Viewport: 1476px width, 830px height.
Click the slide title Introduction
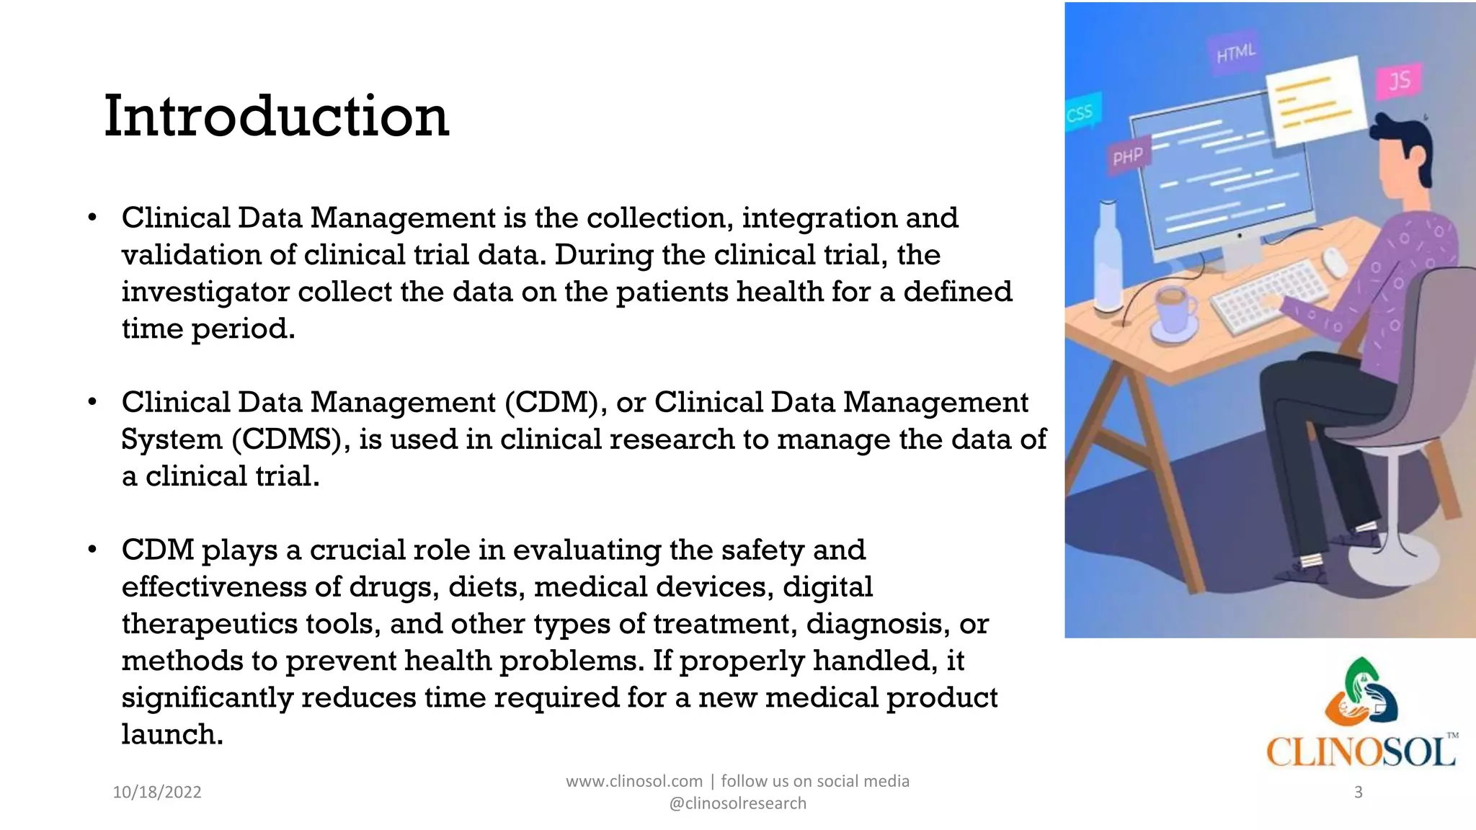[x=277, y=117]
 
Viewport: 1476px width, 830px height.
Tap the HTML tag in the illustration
[x=1236, y=53]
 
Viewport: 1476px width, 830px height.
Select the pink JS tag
[x=1400, y=80]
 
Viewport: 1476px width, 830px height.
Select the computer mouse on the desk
[x=1335, y=262]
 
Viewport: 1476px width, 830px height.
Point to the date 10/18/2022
[x=157, y=792]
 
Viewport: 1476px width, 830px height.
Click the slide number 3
[x=1359, y=792]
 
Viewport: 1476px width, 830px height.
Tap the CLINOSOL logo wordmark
[x=1361, y=752]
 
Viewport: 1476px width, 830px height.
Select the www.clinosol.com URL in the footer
[x=634, y=781]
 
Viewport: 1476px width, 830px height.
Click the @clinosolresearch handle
[x=738, y=803]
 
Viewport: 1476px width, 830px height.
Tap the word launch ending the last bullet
[x=172, y=735]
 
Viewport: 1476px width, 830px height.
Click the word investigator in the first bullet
[x=205, y=292]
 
